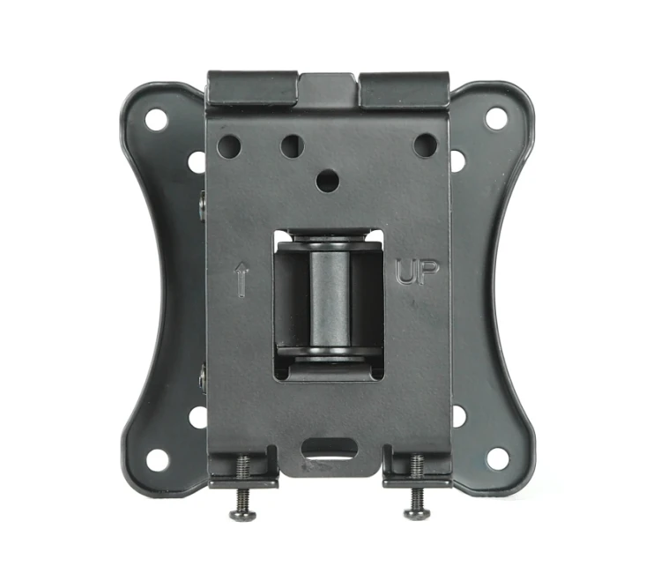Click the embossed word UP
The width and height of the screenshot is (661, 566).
point(418,272)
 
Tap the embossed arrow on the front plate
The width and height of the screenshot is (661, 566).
point(241,279)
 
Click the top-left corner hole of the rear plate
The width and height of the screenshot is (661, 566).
point(156,119)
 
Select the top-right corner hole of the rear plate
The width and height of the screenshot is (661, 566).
point(496,118)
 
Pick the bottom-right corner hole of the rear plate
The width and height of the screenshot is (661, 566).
point(497,459)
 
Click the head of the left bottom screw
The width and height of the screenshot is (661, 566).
point(243,513)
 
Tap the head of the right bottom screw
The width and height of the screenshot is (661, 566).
point(417,512)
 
